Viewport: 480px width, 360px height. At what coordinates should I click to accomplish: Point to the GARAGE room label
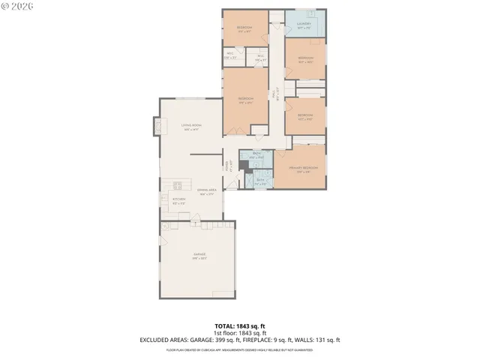pos(199,255)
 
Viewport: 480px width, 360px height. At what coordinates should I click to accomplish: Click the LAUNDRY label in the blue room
pos(304,24)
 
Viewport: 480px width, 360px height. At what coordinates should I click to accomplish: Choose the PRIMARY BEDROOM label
pos(304,169)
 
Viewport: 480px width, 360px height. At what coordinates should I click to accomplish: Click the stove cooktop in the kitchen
pos(178,185)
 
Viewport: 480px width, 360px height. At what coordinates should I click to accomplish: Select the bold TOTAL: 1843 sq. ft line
pos(239,326)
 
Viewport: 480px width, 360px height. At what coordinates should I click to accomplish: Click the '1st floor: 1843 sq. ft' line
pos(239,333)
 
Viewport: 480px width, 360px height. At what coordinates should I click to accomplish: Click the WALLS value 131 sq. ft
pos(327,340)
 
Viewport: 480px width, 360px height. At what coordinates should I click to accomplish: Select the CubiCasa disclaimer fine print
pos(239,349)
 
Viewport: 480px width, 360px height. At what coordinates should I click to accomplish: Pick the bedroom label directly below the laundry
pos(305,58)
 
